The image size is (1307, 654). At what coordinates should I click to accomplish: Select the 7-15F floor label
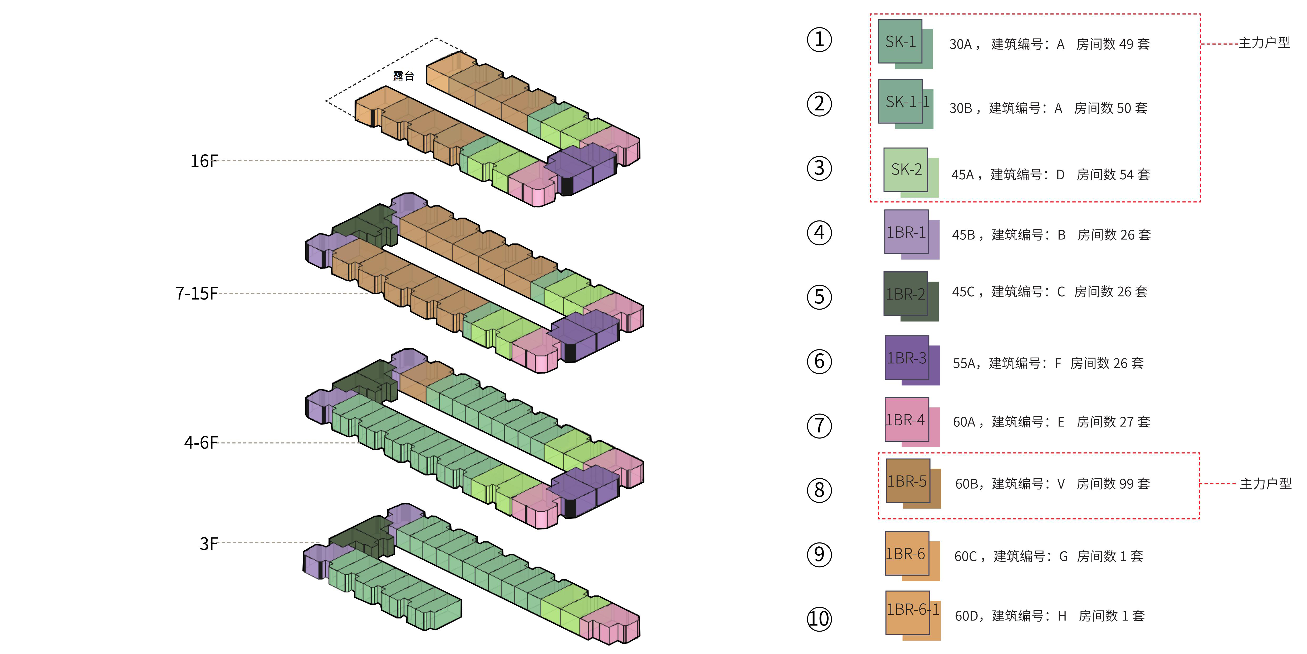click(196, 294)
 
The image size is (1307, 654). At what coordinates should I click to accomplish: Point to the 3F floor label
click(209, 544)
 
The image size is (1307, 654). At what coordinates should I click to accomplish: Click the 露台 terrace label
click(403, 76)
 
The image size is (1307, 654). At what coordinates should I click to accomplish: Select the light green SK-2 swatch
click(906, 170)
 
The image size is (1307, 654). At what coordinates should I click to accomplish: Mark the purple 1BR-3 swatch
click(907, 358)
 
